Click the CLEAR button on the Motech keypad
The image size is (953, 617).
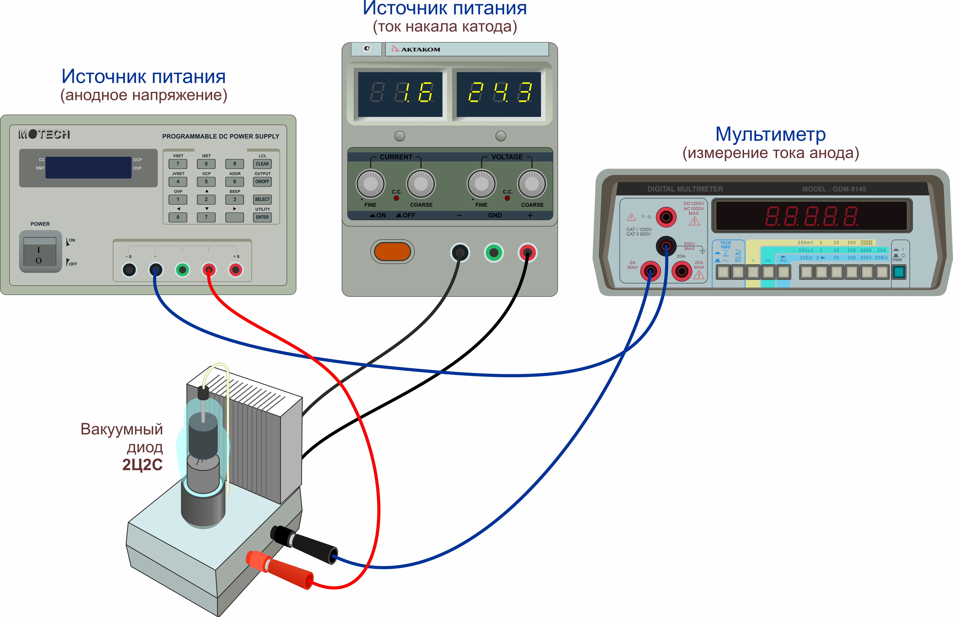[262, 164]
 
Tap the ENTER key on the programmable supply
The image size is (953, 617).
[262, 217]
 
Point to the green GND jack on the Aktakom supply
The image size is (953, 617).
[494, 252]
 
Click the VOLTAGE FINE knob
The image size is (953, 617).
[481, 184]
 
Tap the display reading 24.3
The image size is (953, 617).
[499, 94]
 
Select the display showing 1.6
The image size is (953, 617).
[400, 94]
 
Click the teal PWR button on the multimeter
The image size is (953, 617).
[899, 272]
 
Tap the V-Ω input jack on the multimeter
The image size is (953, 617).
[666, 217]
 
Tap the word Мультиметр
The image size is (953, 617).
[770, 135]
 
